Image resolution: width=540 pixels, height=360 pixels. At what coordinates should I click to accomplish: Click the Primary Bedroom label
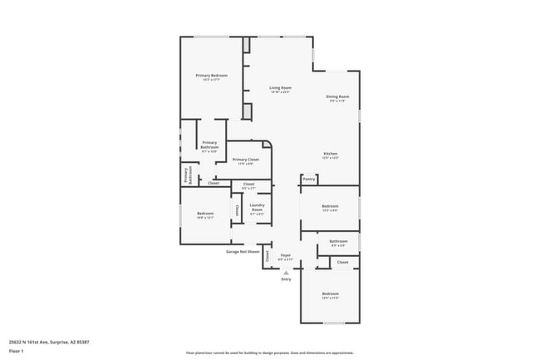[212, 76]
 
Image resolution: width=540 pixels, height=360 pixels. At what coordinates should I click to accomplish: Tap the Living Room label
[280, 87]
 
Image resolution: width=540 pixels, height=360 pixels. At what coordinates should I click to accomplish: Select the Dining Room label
[337, 96]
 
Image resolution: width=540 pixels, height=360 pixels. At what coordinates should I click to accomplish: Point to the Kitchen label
[330, 153]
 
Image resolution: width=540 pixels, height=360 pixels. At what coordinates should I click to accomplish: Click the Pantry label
[308, 178]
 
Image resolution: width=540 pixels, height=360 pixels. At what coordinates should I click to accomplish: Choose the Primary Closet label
[246, 159]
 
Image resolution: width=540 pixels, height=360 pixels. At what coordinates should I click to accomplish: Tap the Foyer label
[285, 255]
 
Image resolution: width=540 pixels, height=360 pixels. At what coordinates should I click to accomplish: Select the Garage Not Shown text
[243, 251]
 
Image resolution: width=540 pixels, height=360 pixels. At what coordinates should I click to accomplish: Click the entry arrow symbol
[286, 272]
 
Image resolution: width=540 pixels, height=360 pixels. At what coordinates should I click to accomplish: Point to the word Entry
[286, 279]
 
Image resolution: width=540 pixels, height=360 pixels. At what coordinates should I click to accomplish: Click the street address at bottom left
[49, 341]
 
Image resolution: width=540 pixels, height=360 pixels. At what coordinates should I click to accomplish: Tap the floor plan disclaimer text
[270, 353]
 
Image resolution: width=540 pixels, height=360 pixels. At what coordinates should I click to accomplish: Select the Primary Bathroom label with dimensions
[209, 145]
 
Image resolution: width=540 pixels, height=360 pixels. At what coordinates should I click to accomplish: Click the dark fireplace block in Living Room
[247, 111]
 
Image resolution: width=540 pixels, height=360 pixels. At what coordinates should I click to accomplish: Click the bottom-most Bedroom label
[331, 293]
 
